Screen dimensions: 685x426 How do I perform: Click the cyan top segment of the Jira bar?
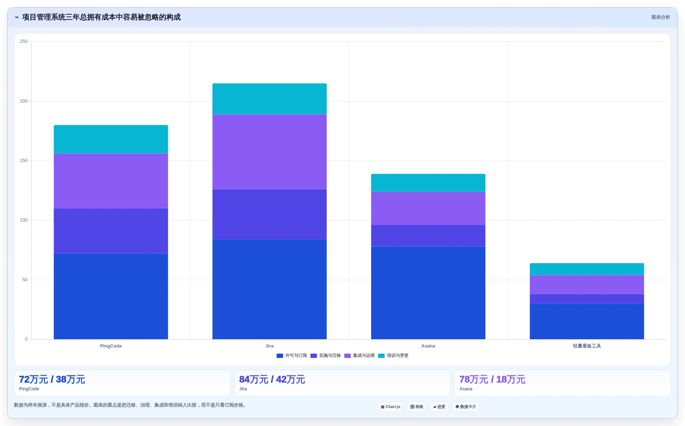[269, 99]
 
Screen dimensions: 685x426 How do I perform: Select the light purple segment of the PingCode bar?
[111, 181]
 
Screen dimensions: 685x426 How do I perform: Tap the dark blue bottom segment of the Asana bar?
[428, 293]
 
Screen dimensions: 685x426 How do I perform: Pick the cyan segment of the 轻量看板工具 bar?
[587, 269]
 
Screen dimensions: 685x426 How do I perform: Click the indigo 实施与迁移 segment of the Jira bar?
[269, 214]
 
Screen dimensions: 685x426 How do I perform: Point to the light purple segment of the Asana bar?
[428, 208]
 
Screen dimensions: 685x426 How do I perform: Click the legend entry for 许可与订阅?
[292, 355]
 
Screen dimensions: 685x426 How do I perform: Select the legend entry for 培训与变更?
[393, 355]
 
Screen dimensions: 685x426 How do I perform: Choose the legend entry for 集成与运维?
[359, 355]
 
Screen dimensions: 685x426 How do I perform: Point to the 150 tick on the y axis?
[24, 161]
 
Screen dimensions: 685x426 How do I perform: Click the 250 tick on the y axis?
[24, 41]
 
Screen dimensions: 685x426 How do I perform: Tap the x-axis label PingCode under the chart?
[111, 346]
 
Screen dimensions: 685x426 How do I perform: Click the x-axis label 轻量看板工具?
[587, 346]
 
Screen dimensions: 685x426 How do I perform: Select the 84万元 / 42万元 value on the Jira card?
[272, 380]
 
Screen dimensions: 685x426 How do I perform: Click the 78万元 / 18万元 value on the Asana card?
[492, 380]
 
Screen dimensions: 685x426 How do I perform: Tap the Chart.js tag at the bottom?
[391, 407]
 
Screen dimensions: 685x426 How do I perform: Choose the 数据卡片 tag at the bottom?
[466, 407]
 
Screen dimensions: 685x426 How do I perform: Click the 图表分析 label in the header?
[661, 17]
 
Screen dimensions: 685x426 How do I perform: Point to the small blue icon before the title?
[17, 17]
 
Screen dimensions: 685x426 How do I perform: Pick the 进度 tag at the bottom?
[439, 407]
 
